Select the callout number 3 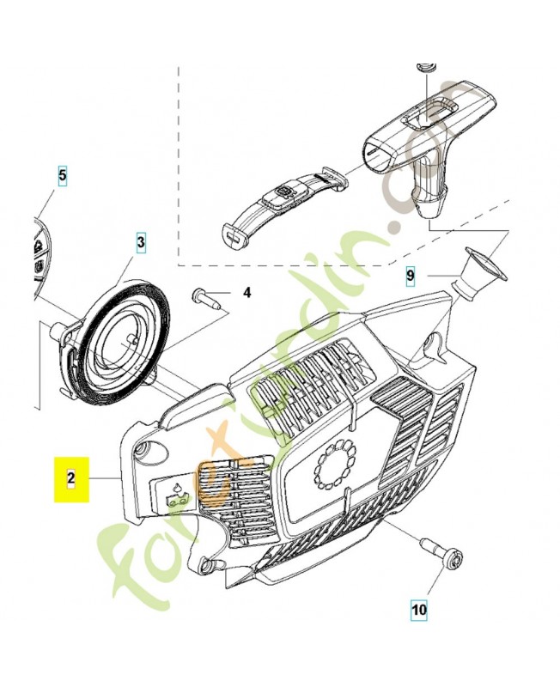pyautogui.click(x=141, y=243)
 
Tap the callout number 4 pyautogui.click(x=247, y=293)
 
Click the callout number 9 pyautogui.click(x=411, y=276)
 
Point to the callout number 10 pyautogui.click(x=418, y=611)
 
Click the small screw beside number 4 pyautogui.click(x=207, y=298)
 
